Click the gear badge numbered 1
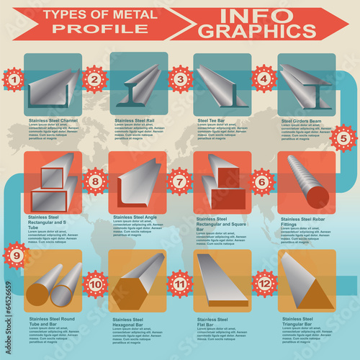click(x=12, y=78)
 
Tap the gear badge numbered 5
click(x=343, y=138)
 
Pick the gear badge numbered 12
click(x=265, y=283)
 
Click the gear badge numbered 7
click(x=180, y=182)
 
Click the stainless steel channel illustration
click(x=53, y=85)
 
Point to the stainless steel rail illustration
click(x=138, y=85)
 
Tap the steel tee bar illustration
click(x=222, y=85)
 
